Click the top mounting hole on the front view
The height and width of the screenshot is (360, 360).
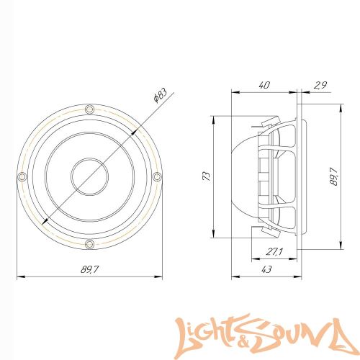(x=89, y=109)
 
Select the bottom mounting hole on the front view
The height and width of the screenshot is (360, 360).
(x=89, y=244)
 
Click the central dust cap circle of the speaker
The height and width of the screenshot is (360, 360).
(x=89, y=176)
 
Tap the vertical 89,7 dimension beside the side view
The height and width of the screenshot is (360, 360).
(x=333, y=175)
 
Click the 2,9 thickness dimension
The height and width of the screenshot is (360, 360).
(x=320, y=85)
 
